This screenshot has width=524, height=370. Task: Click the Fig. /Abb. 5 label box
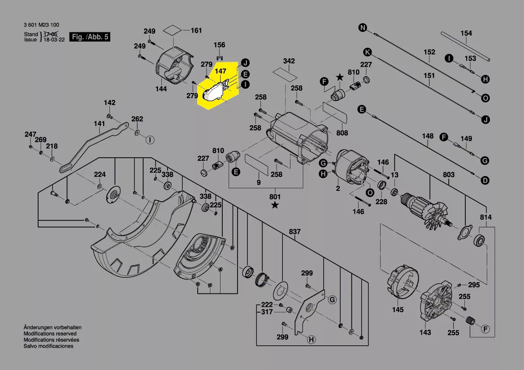click(90, 37)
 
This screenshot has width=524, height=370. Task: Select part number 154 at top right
click(466, 33)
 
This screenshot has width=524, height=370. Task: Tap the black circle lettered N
click(363, 28)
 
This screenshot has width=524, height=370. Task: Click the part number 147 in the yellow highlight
click(221, 71)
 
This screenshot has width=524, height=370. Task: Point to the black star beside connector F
click(340, 77)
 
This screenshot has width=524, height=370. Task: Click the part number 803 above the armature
click(449, 175)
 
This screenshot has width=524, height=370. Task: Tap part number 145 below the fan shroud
click(398, 310)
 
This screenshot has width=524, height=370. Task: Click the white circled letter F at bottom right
click(485, 329)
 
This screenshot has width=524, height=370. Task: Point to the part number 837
click(295, 232)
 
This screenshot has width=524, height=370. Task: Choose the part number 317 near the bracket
click(267, 312)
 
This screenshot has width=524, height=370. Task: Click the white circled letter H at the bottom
click(311, 340)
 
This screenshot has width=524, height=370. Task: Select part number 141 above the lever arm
click(99, 124)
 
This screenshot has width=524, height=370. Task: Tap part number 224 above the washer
click(100, 174)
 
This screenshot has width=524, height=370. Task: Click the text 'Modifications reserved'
click(50, 334)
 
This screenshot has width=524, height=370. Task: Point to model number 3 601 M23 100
click(41, 25)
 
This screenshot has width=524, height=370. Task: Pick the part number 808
click(342, 133)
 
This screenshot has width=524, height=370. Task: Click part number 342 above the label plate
click(289, 61)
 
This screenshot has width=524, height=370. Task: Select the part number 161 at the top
click(196, 30)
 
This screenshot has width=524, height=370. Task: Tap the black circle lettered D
click(485, 181)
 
